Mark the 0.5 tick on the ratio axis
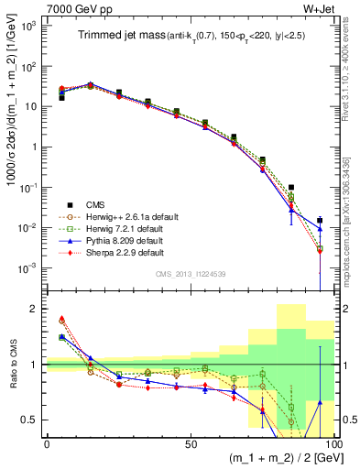[x=32, y=420]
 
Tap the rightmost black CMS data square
[x=319, y=220]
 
